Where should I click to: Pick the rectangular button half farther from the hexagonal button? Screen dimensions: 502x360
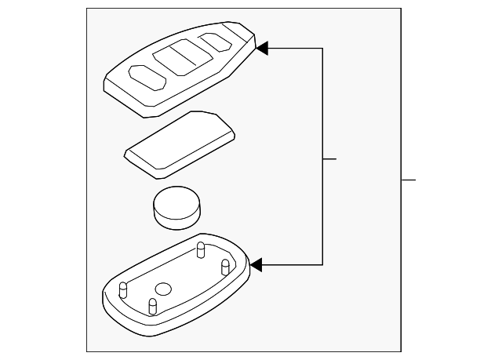pos(188,53)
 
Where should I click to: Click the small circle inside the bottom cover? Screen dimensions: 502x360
pos(163,289)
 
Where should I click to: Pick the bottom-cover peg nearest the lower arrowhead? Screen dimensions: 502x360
pos(224,267)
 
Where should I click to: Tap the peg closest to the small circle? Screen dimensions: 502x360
pos(153,305)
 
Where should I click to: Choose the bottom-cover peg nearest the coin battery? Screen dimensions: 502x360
pos(201,250)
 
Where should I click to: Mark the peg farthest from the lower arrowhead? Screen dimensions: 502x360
pos(122,290)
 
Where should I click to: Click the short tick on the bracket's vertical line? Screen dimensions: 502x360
pos(330,159)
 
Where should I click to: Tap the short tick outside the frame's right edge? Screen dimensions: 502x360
pos(408,180)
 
